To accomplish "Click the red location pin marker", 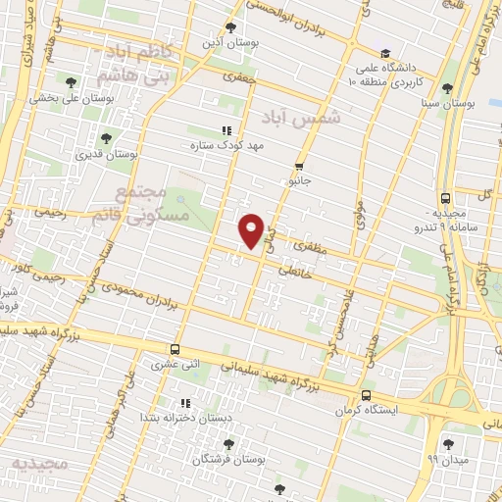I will click(x=252, y=230).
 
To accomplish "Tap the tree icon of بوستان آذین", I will click(x=230, y=27).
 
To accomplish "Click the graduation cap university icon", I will click(x=385, y=53).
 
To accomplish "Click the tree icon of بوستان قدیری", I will click(x=105, y=138).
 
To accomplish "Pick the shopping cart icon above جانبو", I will click(x=299, y=166).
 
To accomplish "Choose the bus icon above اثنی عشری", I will click(x=175, y=349).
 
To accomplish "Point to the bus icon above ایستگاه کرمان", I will click(x=366, y=396).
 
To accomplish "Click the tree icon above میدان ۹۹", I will click(x=448, y=443).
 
